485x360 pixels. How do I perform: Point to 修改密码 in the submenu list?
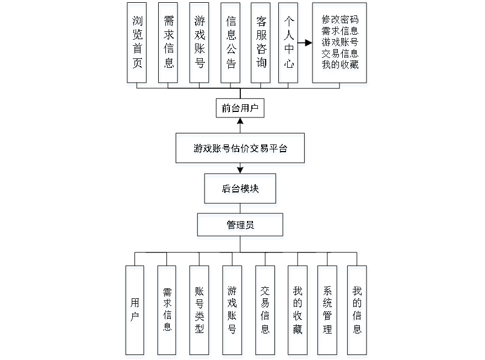point(340,20)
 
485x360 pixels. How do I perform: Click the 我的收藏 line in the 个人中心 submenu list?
point(340,65)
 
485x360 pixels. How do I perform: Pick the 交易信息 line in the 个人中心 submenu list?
point(340,54)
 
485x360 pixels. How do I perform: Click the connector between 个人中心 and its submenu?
point(306,42)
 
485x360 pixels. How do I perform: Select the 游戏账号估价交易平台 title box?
point(240,149)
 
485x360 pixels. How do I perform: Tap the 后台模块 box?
point(241,190)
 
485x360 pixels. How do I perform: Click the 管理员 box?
point(241,227)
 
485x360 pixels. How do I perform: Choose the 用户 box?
point(136,312)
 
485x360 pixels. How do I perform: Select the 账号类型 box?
point(200,312)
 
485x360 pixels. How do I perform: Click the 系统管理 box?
point(328,312)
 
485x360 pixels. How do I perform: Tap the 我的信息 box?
point(358,312)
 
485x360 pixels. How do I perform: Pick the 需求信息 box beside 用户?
point(168,312)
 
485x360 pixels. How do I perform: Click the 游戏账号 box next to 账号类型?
point(233,312)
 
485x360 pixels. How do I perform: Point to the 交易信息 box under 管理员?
point(266,312)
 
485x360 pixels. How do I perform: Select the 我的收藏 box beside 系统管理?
point(298,312)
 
